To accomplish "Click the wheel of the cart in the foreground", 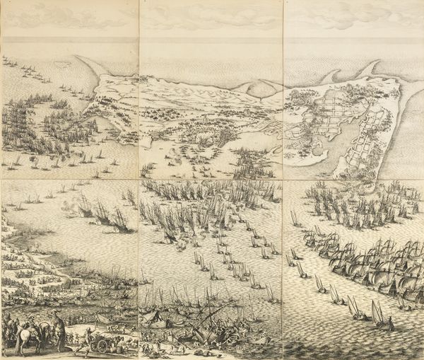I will coord(103,344).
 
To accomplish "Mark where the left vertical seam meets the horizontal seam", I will coord(140,180).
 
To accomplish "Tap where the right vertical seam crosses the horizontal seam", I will coord(283,180).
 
